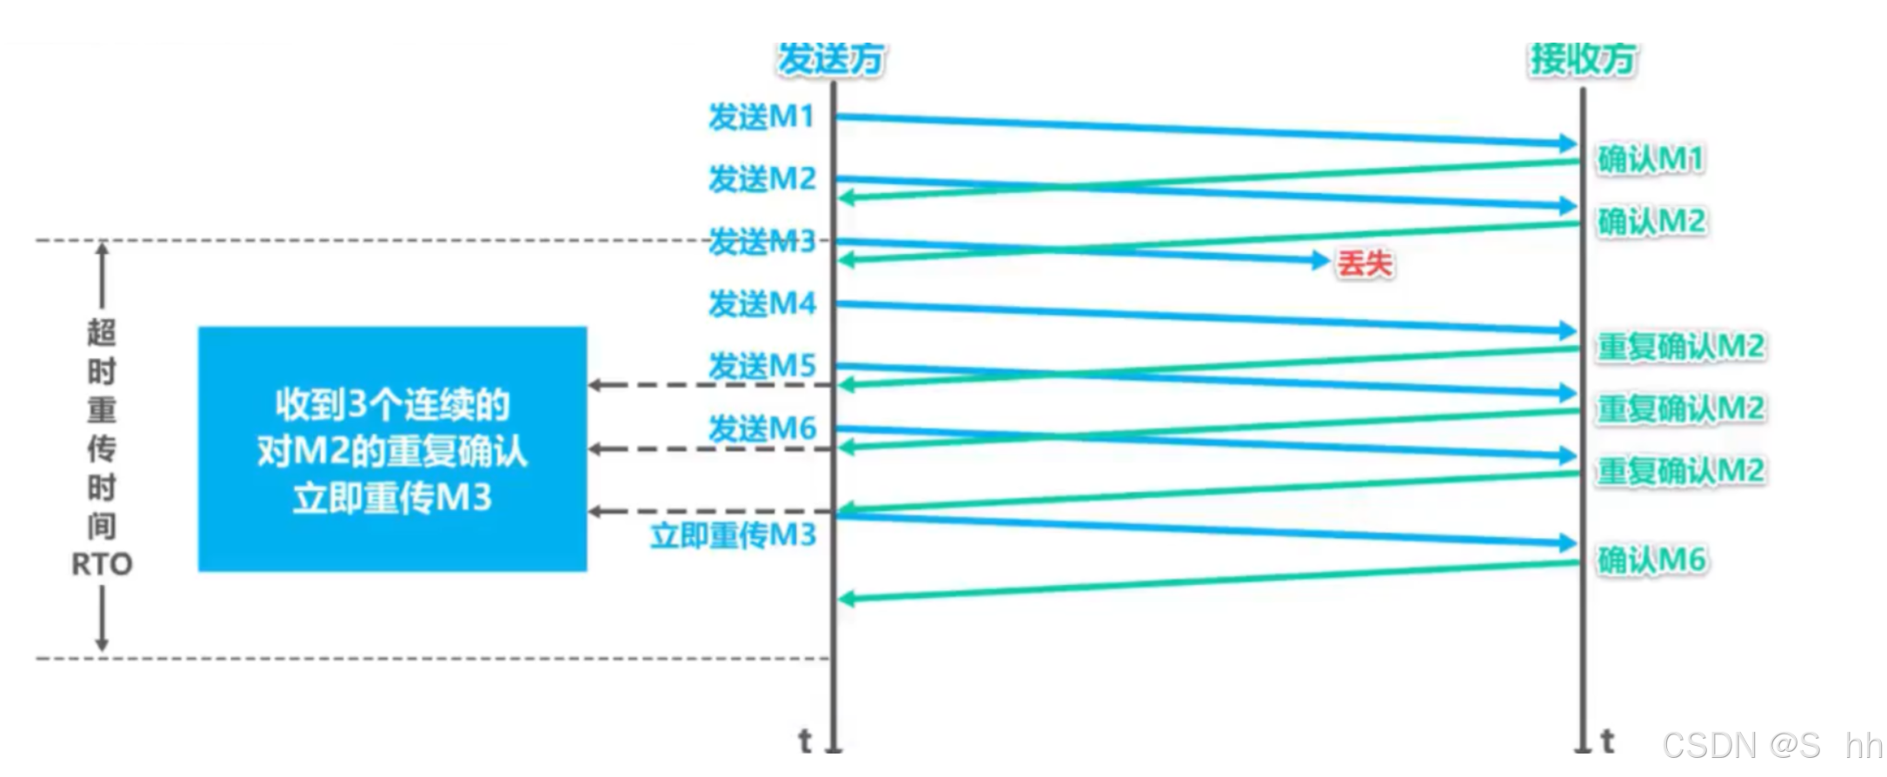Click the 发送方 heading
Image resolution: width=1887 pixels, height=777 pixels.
tap(830, 59)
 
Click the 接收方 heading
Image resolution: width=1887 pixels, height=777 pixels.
tap(1582, 59)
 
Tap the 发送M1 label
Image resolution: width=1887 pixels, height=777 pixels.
tap(761, 116)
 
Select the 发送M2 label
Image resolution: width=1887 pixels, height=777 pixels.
tap(762, 179)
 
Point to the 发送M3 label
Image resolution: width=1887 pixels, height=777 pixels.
tap(762, 242)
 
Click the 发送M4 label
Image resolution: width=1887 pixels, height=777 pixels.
tap(762, 303)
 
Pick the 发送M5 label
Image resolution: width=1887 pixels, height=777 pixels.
tap(762, 366)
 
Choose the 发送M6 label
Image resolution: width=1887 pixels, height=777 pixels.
tap(762, 428)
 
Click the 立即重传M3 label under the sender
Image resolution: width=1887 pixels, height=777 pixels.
tap(734, 535)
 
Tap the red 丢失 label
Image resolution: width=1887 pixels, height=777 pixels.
tap(1365, 263)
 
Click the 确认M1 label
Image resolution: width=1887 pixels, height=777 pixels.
tap(1650, 159)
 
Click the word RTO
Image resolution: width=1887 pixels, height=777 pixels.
tap(102, 565)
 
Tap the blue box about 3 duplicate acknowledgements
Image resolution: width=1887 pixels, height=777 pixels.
tap(392, 449)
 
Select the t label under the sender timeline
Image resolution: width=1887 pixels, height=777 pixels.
tap(805, 741)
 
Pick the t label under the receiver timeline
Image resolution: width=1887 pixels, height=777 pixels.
tap(1607, 741)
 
